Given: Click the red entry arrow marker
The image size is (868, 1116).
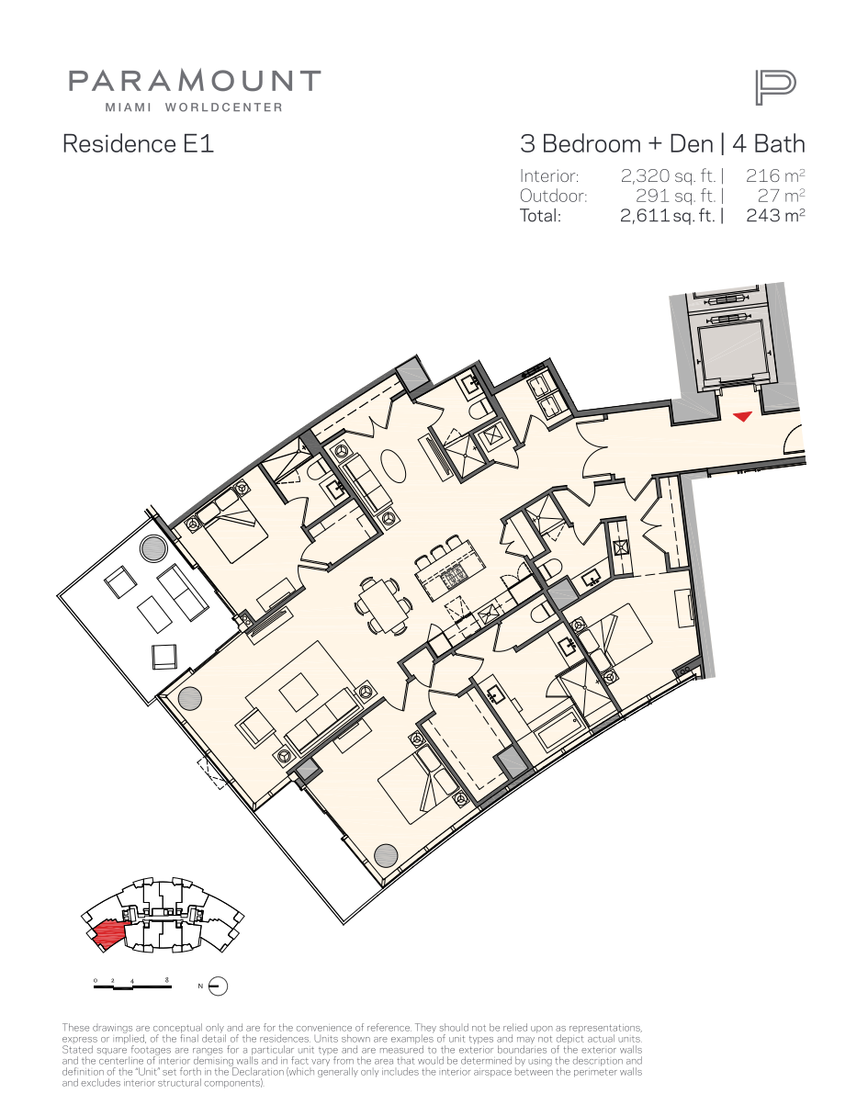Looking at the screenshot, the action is tap(742, 416).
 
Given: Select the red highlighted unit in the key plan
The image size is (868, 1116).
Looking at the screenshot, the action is tap(107, 934).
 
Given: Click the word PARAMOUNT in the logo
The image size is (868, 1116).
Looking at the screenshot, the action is tap(195, 81).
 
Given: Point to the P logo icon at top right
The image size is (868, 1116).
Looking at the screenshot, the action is tap(775, 88).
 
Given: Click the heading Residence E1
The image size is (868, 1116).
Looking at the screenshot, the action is tap(138, 144).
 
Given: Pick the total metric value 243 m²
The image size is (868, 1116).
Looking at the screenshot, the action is tap(775, 215).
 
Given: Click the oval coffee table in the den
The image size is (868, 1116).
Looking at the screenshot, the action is tap(393, 466).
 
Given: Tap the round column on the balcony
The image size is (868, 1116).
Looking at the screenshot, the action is tap(153, 548).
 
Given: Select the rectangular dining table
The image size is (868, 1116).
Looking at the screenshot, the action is tap(383, 606).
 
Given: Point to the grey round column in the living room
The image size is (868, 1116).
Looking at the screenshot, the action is tap(189, 698).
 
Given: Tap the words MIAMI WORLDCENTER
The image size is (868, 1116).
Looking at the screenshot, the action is tap(194, 107).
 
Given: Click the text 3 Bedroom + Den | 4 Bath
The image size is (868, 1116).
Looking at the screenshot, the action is tap(662, 144).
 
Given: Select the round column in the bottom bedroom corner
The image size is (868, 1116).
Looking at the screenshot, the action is tap(386, 856).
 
